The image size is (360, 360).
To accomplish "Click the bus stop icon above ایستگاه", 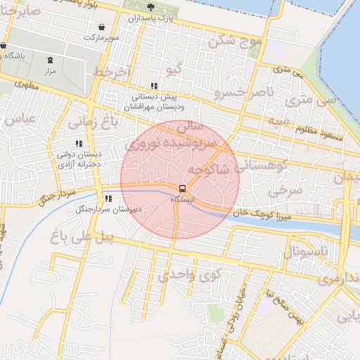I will (x=182, y=188).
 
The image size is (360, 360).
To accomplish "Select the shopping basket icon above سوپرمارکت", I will (x=103, y=27).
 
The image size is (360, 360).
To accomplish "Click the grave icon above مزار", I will (x=49, y=60).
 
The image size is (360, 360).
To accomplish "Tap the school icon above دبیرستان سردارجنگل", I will (x=108, y=198).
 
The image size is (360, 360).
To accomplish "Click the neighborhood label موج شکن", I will (x=235, y=41).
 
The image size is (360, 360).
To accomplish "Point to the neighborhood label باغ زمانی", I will (x=90, y=124).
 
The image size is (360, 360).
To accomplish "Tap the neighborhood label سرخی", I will (x=289, y=190).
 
